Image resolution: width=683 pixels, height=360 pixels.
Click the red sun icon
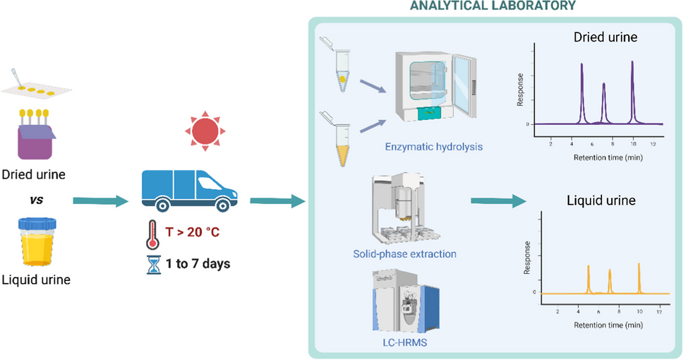(x=205, y=130)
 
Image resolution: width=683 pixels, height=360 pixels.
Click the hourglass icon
(x=152, y=264)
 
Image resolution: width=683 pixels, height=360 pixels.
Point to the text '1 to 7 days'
(x=198, y=265)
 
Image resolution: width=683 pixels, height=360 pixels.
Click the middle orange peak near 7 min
(x=610, y=272)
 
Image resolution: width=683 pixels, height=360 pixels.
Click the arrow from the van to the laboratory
(x=276, y=203)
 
